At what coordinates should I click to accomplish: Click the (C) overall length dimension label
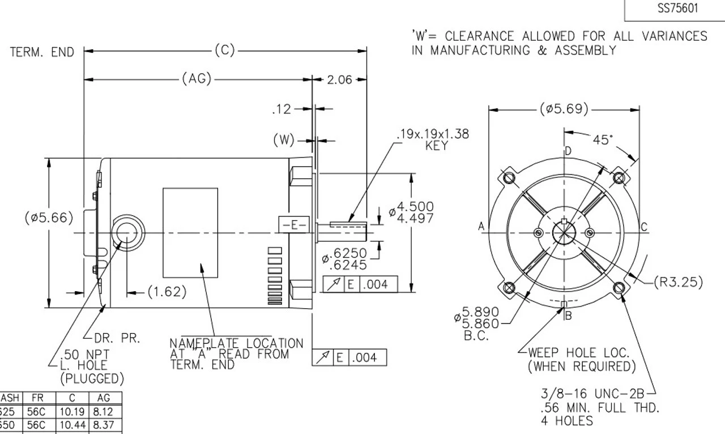point(224,50)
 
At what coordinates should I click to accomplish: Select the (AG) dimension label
point(197,79)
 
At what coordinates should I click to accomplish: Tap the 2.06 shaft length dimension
point(340,79)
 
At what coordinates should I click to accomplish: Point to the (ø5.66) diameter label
point(49,218)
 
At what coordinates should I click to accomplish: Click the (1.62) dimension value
point(167,292)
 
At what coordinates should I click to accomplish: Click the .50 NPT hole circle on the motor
point(125,233)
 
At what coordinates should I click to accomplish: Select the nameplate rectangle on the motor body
point(190,233)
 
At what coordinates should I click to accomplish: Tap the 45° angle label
point(604,139)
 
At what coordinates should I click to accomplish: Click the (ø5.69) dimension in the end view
point(564,109)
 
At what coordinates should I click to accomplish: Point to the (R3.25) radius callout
point(678,282)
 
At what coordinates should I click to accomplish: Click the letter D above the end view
point(568,151)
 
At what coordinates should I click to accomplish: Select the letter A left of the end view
point(481,227)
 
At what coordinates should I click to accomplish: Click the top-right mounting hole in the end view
point(619,178)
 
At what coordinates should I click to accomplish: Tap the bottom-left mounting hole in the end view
point(509,288)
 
